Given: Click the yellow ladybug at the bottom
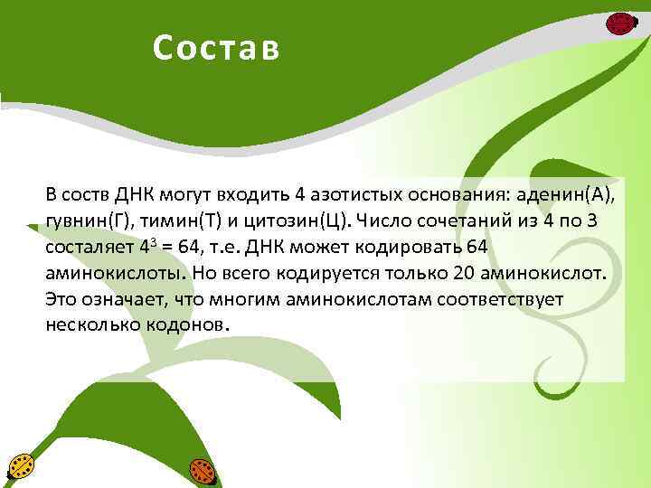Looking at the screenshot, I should point(21,467).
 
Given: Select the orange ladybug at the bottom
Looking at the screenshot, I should point(202,471).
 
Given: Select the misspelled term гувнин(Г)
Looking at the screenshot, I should point(87,221).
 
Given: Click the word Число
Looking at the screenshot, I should point(388,221).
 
